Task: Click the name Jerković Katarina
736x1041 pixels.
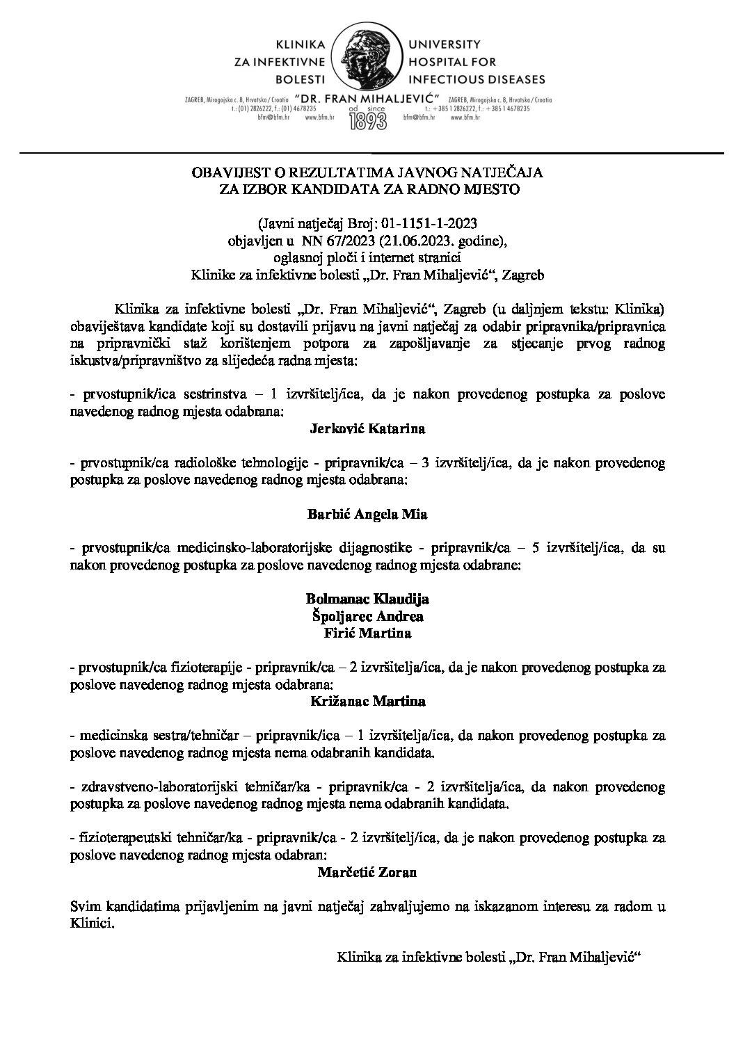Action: pos(367,429)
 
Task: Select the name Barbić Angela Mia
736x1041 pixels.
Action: pos(367,515)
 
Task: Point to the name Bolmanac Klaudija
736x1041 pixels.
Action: pos(367,599)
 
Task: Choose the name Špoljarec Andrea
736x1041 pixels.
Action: pos(367,616)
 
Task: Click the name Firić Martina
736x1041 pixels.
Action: pos(367,633)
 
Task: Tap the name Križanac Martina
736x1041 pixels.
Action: pos(367,701)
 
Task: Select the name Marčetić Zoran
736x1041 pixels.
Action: pos(367,871)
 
